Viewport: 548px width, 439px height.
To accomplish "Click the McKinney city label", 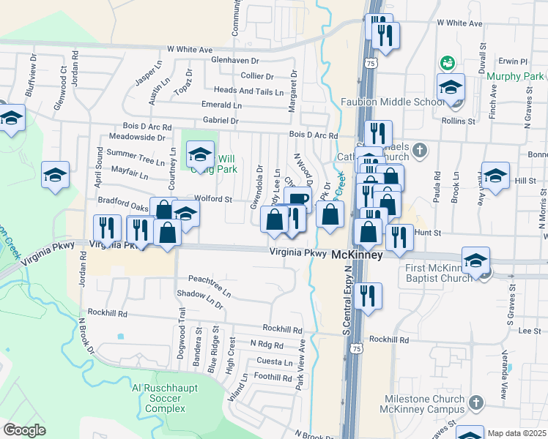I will coord(358,256).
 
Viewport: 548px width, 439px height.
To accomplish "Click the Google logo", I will coord(24,429).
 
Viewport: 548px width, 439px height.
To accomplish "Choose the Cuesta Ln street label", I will coord(275,361).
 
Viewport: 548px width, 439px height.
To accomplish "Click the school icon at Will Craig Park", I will coord(200,155).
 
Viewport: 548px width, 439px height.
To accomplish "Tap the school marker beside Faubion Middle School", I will coord(451,87).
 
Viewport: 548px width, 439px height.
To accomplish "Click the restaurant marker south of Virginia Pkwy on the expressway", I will coord(366,296).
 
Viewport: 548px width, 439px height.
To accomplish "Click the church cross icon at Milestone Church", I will coord(477,402).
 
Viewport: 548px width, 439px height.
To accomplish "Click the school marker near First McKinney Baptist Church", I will coord(475,261).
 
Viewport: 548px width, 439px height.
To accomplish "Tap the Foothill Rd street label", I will coord(273,377).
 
